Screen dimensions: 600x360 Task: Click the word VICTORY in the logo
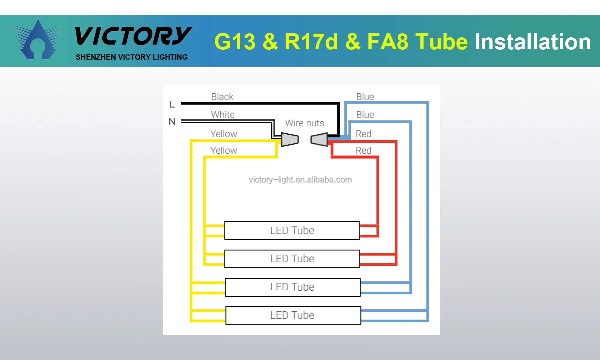tap(133, 36)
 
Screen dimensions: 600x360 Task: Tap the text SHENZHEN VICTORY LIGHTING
tap(132, 57)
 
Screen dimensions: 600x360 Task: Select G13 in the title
tap(235, 42)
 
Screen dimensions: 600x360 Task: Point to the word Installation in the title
tap(532, 42)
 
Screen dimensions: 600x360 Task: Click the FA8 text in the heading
tap(388, 42)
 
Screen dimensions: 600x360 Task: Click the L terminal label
tap(172, 104)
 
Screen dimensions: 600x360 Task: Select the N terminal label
tap(172, 121)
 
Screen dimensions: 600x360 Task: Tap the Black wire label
tap(222, 97)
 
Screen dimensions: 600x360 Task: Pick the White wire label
tap(223, 114)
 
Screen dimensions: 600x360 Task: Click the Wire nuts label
tap(304, 123)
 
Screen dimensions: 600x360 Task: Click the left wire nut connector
tap(290, 139)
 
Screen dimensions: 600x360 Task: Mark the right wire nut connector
tap(319, 139)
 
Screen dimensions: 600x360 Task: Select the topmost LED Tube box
tap(292, 230)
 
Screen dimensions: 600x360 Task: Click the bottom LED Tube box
tap(293, 315)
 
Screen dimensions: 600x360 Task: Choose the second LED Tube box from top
tap(292, 259)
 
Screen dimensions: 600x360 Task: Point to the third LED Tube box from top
tap(293, 287)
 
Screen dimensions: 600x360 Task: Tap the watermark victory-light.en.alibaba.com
tap(300, 180)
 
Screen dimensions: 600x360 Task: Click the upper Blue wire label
tap(365, 97)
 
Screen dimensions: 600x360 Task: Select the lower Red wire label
tap(363, 150)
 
